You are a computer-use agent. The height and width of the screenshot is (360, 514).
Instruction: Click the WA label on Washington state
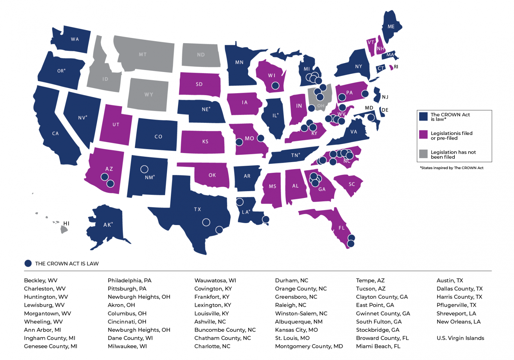pyautogui.click(x=75, y=39)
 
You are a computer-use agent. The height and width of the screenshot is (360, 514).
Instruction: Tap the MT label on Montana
pyautogui.click(x=143, y=54)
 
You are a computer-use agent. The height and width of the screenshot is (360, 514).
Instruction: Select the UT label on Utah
pyautogui.click(x=116, y=125)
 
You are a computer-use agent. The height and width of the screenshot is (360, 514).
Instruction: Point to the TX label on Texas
pyautogui.click(x=197, y=209)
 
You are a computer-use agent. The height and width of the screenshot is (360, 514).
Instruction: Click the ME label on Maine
pyautogui.click(x=391, y=26)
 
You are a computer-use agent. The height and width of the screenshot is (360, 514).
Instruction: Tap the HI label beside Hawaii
pyautogui.click(x=66, y=223)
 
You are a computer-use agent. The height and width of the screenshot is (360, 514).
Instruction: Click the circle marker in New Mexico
pyautogui.click(x=144, y=169)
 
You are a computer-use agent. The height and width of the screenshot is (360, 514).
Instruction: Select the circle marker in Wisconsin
pyautogui.click(x=275, y=86)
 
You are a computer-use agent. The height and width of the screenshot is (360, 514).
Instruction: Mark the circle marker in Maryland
pyautogui.click(x=371, y=118)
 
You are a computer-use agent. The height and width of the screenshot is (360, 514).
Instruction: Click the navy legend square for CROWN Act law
pyautogui.click(x=423, y=116)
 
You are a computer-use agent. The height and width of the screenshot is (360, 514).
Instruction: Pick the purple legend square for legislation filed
pyautogui.click(x=423, y=135)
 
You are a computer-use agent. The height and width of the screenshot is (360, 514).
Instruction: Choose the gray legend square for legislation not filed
pyautogui.click(x=423, y=154)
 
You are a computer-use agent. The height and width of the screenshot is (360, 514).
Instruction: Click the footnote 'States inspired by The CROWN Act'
pyautogui.click(x=451, y=168)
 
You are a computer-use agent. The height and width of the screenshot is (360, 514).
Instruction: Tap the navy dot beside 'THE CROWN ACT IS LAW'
pyautogui.click(x=28, y=264)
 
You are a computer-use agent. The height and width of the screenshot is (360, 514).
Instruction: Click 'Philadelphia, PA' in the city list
pyautogui.click(x=130, y=280)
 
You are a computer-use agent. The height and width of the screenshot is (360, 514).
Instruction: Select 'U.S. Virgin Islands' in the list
pyautogui.click(x=460, y=338)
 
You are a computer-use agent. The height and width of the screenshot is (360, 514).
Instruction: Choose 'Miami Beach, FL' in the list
pyautogui.click(x=378, y=346)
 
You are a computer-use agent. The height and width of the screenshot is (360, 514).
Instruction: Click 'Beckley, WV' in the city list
pyautogui.click(x=40, y=280)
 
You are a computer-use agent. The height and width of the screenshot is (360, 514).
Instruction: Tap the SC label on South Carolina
pyautogui.click(x=352, y=184)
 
